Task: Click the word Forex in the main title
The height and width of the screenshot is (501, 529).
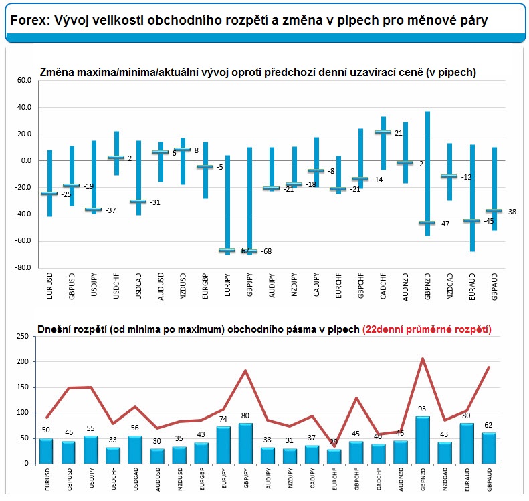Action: (27, 21)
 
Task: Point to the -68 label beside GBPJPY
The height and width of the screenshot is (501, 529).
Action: (267, 252)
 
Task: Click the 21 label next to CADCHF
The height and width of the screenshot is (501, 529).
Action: (399, 133)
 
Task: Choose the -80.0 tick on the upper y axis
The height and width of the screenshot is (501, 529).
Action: (23, 267)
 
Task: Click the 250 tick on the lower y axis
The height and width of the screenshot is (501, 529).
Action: (22, 337)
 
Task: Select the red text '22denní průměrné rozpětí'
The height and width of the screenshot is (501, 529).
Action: (427, 329)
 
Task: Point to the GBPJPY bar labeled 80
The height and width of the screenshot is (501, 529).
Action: (245, 443)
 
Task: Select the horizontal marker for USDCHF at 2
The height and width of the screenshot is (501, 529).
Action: (116, 158)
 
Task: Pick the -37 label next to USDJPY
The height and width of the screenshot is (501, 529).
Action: (111, 210)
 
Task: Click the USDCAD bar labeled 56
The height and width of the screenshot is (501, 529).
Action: (135, 450)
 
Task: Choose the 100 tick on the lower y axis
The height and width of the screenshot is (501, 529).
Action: (22, 413)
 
